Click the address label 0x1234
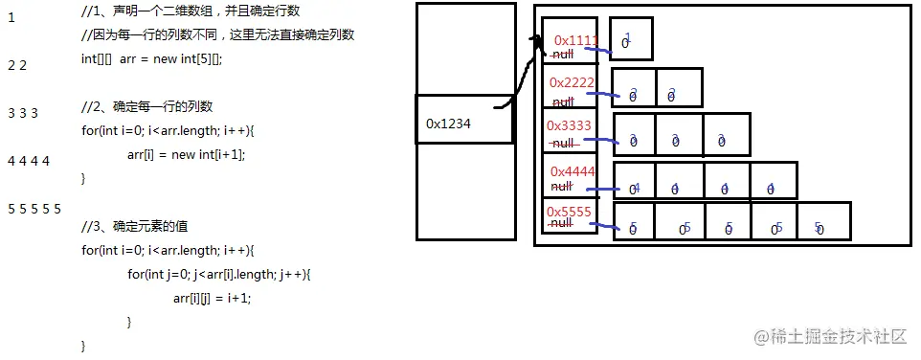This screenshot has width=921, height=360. [x=448, y=124]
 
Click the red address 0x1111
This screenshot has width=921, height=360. [x=576, y=40]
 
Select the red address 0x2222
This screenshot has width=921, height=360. [x=572, y=82]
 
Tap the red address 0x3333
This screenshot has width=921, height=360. [x=569, y=125]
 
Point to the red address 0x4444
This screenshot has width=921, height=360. [x=573, y=171]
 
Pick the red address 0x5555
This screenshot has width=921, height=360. [x=569, y=211]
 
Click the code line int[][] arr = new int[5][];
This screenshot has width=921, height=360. [x=151, y=58]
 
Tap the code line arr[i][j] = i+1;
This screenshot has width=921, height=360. [x=212, y=297]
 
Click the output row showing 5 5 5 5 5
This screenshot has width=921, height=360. [x=34, y=209]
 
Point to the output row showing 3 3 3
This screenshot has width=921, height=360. [x=22, y=113]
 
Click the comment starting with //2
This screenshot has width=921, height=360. [x=147, y=106]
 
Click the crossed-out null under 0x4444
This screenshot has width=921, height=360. [x=563, y=187]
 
